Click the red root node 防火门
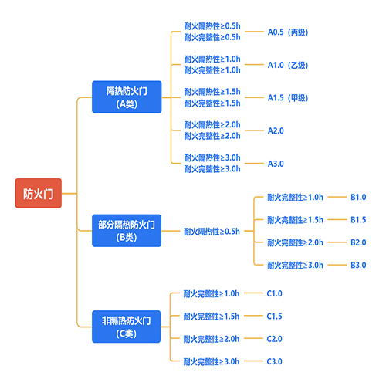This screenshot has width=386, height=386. [38, 193]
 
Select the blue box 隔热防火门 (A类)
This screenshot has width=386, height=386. [127, 96]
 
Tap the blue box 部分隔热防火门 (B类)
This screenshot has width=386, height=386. [127, 231]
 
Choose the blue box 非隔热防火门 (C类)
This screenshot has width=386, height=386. [127, 327]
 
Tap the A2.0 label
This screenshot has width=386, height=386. [276, 130]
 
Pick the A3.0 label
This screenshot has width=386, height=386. [276, 164]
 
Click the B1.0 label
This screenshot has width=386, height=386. [358, 198]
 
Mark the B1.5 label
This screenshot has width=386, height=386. [358, 220]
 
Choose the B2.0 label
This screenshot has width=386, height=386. [358, 242]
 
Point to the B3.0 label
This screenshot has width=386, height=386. [358, 265]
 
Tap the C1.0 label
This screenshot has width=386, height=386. [275, 293]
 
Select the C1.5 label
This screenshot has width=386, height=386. [275, 316]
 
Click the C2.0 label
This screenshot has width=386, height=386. [275, 338]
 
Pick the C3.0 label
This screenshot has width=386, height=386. [275, 361]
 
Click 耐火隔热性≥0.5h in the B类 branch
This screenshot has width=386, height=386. [212, 231]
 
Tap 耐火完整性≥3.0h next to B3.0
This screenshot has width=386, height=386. [295, 265]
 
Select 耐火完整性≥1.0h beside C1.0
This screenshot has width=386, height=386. [212, 293]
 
